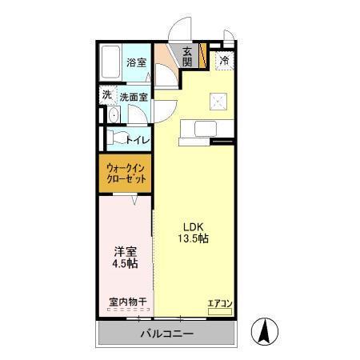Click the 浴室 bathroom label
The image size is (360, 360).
136,62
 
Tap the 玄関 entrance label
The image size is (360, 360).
187,56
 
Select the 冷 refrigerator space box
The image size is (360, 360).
225,60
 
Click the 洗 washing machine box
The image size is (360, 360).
106,95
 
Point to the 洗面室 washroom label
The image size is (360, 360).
134,97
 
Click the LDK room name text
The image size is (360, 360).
193,226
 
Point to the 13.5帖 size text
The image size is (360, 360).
193,238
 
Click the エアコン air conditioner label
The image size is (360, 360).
219,302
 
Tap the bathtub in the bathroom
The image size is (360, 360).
110,62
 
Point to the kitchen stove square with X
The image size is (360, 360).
218,101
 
